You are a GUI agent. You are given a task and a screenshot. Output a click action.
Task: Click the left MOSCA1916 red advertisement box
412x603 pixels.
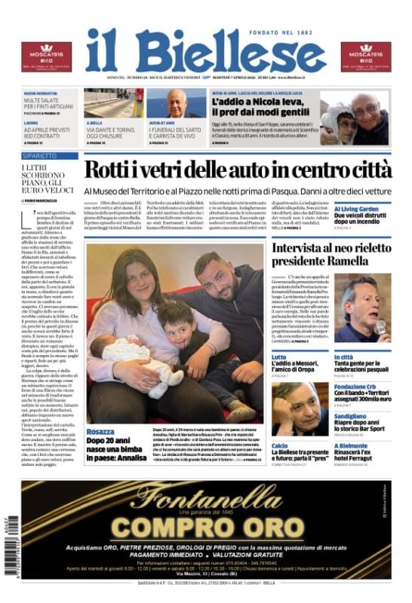[46, 57]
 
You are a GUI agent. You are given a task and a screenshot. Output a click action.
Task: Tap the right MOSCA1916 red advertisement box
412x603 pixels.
[365, 57]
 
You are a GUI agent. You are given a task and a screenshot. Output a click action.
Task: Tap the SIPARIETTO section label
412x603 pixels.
[39, 155]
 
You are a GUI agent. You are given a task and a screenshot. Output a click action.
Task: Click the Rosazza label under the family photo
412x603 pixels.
[100, 432]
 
